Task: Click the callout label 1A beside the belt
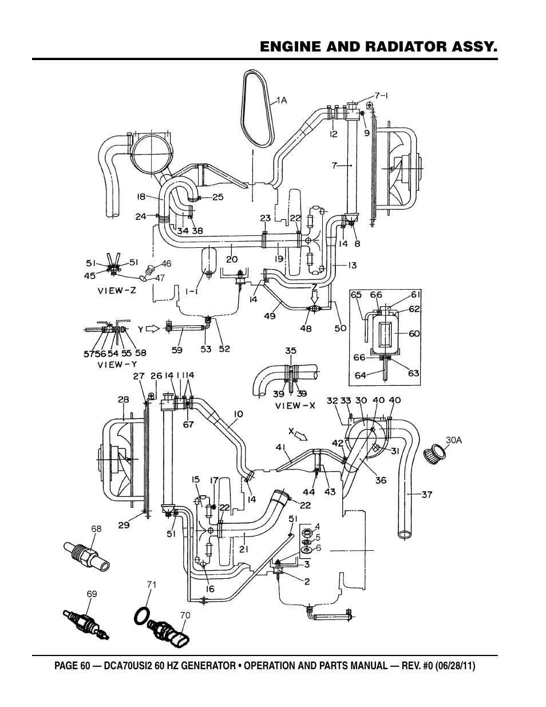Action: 282,101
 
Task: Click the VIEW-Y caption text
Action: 117,365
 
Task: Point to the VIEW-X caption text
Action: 295,406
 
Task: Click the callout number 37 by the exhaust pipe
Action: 427,495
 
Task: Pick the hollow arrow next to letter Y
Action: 152,329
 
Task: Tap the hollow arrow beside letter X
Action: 302,437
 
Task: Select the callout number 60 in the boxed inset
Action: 414,334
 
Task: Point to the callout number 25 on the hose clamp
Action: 218,197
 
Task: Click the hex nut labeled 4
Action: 306,532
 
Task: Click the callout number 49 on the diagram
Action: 270,315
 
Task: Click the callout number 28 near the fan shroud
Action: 123,399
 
